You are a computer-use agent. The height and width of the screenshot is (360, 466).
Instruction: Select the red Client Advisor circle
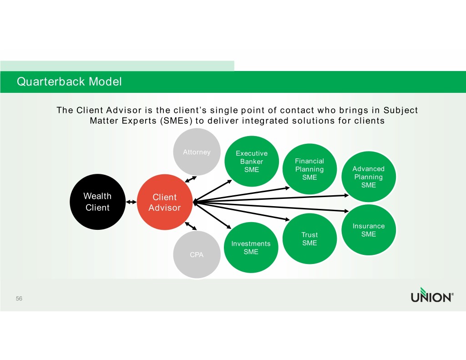165,202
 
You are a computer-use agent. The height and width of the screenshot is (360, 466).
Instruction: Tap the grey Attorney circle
197,152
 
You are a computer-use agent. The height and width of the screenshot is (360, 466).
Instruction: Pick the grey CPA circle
197,254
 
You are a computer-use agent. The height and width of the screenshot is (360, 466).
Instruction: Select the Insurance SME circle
369,230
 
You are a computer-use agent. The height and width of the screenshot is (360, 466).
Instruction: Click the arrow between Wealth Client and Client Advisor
131,202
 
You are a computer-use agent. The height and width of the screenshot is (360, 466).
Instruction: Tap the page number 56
19,299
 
